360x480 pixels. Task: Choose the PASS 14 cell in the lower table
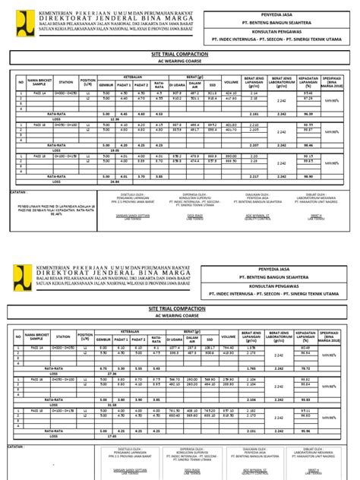39,347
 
